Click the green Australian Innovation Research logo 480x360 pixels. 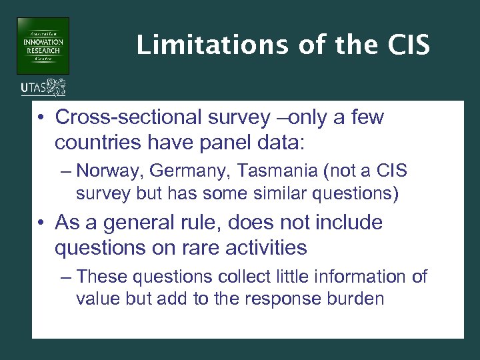tap(43, 46)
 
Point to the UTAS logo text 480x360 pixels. tap(34, 87)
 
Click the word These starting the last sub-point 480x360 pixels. tap(98, 276)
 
